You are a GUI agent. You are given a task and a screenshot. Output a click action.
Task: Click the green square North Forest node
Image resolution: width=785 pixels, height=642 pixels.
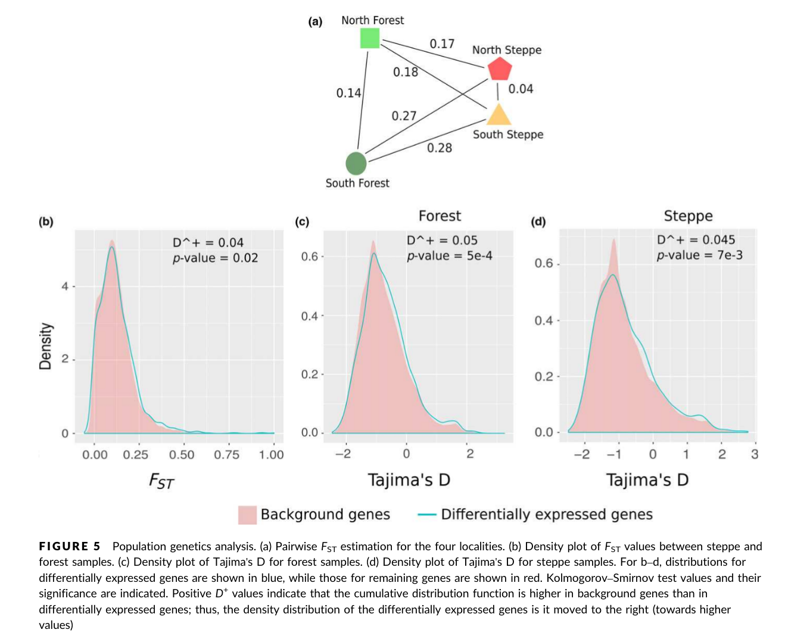pos(370,39)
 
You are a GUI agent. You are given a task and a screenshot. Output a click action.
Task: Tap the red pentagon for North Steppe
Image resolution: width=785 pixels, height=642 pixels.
pos(499,70)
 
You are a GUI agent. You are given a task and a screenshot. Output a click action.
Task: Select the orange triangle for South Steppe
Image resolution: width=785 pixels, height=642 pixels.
pos(499,115)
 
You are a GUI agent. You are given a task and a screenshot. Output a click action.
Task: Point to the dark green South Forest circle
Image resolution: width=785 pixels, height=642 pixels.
pos(356,163)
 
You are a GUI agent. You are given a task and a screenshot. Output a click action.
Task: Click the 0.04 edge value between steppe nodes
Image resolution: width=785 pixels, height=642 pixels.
pos(521,89)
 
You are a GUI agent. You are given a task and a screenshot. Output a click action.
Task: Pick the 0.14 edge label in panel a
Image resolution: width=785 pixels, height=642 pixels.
pos(348,93)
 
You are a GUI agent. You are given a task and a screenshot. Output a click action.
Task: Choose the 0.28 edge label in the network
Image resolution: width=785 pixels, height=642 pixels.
pos(440,148)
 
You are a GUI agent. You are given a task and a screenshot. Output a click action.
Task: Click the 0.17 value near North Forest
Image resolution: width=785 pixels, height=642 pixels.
pos(442,43)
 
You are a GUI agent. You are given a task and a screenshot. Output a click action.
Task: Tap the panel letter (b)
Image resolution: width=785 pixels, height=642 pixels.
pos(46,222)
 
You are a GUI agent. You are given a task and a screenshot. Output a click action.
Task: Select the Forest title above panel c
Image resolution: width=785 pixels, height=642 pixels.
pos(440,216)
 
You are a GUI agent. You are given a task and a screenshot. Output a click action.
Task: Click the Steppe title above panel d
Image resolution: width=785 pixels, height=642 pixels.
pos(688,216)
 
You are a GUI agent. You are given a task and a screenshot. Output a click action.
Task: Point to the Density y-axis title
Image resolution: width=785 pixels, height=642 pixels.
pos(45,346)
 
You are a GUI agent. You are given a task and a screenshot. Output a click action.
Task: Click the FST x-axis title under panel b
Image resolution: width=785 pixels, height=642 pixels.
pos(161,481)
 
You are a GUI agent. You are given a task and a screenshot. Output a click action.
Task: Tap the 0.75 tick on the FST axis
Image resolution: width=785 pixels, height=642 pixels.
pos(226,454)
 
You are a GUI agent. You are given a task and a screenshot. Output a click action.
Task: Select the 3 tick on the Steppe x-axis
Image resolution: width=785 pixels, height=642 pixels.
pos(754,454)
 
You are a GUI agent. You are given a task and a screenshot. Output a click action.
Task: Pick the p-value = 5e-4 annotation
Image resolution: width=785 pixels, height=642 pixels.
pos(450,256)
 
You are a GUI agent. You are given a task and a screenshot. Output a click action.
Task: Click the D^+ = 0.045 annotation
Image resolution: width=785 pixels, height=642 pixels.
pos(696,239)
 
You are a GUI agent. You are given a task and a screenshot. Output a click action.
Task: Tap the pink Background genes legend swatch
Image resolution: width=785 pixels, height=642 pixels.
pos(247,515)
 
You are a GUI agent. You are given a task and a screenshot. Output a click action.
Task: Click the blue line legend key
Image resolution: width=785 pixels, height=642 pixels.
pos(427,515)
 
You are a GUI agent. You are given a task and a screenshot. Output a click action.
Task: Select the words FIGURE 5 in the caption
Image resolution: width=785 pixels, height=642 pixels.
pos(70,546)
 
